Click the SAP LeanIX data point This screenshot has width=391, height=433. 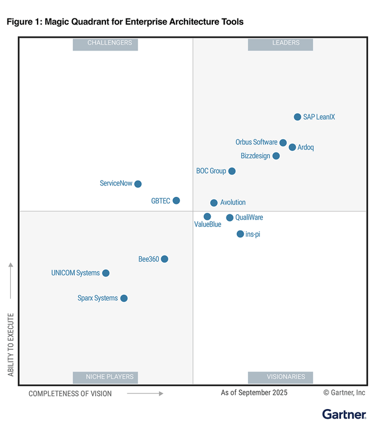click(x=298, y=117)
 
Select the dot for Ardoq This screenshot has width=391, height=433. click(x=293, y=147)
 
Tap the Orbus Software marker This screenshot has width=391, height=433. click(x=283, y=143)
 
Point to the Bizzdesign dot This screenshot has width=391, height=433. click(x=276, y=156)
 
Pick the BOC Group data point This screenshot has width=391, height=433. click(x=232, y=171)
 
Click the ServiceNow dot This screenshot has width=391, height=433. click(x=138, y=184)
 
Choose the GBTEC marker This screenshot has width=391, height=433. click(x=176, y=201)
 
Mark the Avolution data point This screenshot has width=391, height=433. click(x=214, y=203)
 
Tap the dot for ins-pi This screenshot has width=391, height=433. click(x=240, y=234)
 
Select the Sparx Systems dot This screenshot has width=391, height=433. click(x=124, y=298)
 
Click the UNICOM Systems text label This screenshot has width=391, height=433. click(x=75, y=273)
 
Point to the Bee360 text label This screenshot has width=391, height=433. click(x=149, y=259)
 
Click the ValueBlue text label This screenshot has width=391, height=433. click(x=207, y=225)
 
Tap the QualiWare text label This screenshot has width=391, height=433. click(x=249, y=218)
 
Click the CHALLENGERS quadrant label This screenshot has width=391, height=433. click(x=105, y=44)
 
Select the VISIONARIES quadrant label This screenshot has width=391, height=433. click(x=280, y=377)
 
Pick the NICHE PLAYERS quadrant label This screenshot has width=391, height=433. click(x=105, y=377)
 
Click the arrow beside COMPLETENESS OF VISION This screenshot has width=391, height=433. click(x=145, y=393)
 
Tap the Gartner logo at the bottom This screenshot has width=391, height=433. click(x=344, y=415)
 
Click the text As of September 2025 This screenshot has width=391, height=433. click(x=254, y=392)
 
